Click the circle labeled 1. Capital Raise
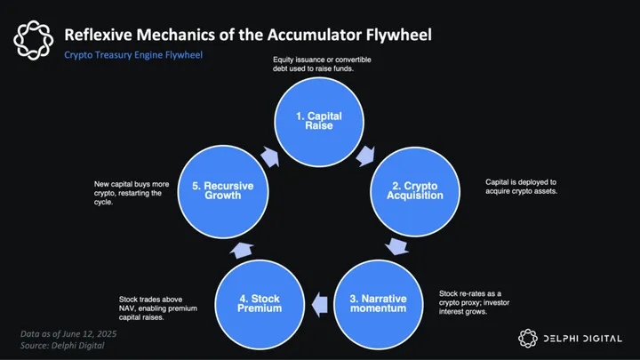319,122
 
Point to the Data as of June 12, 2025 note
68,333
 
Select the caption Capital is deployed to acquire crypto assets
522,187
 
